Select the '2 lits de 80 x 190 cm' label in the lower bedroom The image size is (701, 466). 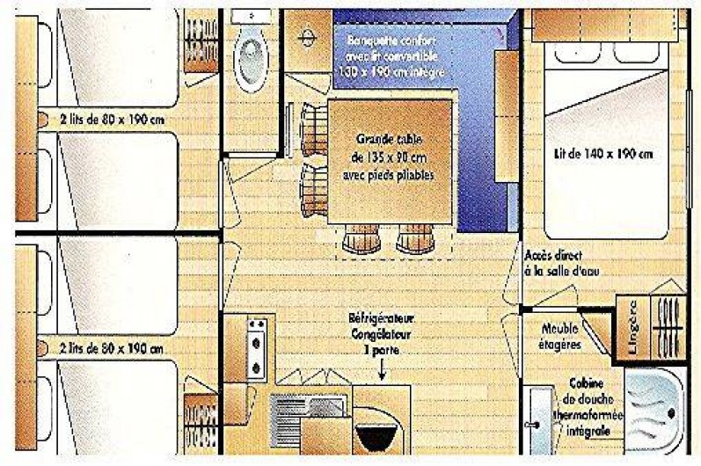point(112,348)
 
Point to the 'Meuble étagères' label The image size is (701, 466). point(561,337)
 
